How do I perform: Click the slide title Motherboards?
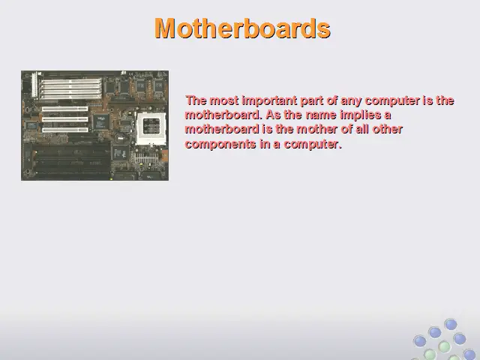tap(242, 28)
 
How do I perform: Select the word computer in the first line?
tap(392, 100)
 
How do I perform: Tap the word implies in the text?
tap(361, 115)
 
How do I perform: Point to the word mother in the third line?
tap(316, 129)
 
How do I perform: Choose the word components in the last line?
tap(220, 143)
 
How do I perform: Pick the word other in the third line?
tap(387, 129)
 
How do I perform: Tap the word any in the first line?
tap(352, 101)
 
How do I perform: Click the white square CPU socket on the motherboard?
tap(151, 128)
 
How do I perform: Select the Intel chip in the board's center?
tap(101, 121)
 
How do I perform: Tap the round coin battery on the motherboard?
tap(120, 137)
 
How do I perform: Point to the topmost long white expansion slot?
tap(70, 82)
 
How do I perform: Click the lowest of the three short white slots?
tap(65, 130)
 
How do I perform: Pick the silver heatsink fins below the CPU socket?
tap(146, 158)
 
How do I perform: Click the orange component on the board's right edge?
tap(164, 157)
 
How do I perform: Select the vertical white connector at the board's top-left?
tap(34, 85)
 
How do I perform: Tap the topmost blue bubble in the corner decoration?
tap(451, 325)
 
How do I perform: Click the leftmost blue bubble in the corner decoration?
tap(420, 340)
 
